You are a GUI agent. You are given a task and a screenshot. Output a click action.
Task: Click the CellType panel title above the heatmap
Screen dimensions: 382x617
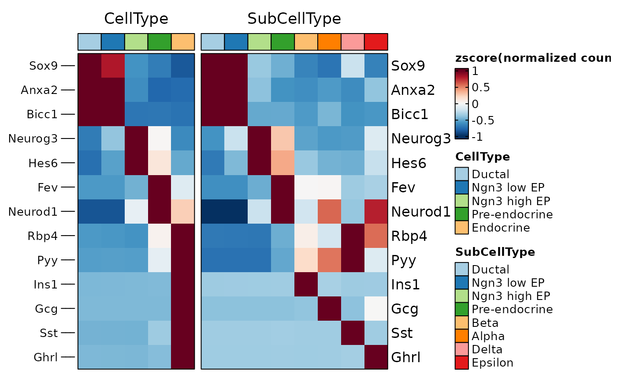136,19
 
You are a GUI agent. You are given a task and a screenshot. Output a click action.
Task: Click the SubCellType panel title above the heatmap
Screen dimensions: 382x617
294,19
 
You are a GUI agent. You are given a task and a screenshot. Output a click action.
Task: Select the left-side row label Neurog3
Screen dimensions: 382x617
33,139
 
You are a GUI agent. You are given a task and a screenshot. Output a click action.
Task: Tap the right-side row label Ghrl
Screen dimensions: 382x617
405,357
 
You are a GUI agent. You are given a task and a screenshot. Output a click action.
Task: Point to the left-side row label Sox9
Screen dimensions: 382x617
44,66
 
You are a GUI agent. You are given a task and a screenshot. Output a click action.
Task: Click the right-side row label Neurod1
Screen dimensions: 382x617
421,212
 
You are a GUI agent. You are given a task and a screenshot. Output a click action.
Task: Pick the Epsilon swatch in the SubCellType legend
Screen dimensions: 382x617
462,363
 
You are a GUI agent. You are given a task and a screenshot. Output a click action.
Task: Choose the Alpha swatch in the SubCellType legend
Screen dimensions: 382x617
462,336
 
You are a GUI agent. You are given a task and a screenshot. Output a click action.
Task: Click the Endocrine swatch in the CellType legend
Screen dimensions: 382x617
462,228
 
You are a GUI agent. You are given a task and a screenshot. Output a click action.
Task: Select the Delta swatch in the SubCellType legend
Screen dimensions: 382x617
462,349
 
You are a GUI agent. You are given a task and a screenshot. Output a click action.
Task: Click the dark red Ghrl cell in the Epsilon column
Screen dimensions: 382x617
376,357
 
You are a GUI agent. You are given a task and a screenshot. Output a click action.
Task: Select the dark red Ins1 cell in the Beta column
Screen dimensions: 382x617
306,284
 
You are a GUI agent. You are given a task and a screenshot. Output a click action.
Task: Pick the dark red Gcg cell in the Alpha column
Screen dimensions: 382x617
329,308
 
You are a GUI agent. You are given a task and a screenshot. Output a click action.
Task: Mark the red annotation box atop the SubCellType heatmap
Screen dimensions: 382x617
376,41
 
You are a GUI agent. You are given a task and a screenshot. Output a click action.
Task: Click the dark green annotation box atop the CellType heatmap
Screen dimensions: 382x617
160,41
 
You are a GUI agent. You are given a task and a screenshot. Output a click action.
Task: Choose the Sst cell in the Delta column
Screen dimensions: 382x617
353,333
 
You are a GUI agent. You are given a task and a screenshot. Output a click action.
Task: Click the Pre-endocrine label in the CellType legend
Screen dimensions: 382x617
512,214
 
